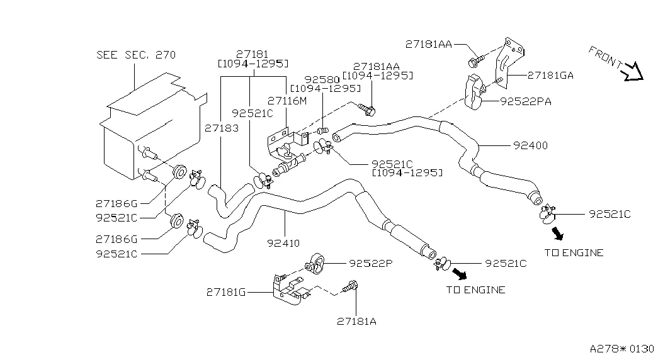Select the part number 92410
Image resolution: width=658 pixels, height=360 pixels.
pyautogui.click(x=283, y=242)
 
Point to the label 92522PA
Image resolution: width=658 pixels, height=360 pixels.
pyautogui.click(x=526, y=101)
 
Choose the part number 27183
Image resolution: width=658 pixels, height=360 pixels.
pyautogui.click(x=221, y=127)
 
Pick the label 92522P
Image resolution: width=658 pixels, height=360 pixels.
pyautogui.click(x=371, y=263)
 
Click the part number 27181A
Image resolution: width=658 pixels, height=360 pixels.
pyautogui.click(x=356, y=320)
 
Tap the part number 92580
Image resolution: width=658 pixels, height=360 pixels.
pyautogui.click(x=322, y=79)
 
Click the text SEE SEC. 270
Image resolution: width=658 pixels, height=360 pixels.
pyautogui.click(x=136, y=55)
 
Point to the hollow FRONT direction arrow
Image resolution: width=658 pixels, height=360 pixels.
pyautogui.click(x=632, y=72)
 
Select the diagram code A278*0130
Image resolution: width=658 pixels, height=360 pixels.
pyautogui.click(x=622, y=348)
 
